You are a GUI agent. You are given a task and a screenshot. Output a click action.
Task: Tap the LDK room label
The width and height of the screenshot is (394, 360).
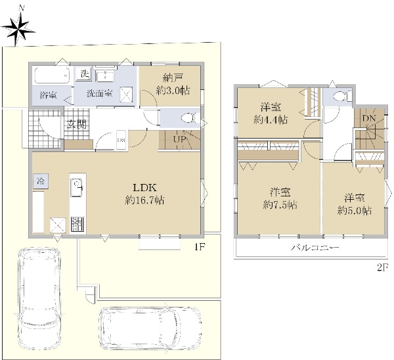[x=144, y=188]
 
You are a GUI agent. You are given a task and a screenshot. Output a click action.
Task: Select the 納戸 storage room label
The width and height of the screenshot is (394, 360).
[x=173, y=78]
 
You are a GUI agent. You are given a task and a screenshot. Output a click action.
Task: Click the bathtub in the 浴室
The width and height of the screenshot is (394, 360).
[x=52, y=75]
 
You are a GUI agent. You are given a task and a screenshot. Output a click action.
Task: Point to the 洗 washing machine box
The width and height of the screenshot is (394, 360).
[x=84, y=74]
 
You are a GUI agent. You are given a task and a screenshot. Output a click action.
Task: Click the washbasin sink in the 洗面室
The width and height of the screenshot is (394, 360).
[x=105, y=76]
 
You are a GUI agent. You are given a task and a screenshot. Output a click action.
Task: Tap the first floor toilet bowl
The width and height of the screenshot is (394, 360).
[x=190, y=118]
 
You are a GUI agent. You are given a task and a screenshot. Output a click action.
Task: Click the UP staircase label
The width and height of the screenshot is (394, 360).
[x=179, y=139]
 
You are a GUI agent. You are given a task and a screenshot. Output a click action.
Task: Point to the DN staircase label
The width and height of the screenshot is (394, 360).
[x=369, y=118]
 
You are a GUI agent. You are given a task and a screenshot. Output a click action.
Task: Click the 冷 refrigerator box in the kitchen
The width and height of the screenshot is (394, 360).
[x=41, y=181]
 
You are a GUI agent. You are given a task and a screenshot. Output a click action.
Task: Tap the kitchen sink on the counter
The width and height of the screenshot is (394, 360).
[x=77, y=187]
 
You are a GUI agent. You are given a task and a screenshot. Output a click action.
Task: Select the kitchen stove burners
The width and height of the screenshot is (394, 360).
[x=77, y=224]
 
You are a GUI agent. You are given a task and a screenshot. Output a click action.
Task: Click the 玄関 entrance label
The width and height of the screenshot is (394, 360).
[x=77, y=124]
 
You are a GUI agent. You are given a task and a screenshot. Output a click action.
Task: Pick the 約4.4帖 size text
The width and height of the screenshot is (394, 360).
[x=271, y=120]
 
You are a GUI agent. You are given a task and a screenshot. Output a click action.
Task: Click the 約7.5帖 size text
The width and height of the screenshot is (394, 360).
[x=280, y=205]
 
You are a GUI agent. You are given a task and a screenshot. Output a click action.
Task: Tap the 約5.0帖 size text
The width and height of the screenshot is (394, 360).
[x=355, y=211]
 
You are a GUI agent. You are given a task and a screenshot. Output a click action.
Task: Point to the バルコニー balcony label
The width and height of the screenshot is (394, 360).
[x=315, y=248]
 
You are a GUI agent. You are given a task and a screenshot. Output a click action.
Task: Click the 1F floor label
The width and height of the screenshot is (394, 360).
[x=200, y=248]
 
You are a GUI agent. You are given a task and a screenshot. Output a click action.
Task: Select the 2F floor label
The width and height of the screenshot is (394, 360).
[x=383, y=267]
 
